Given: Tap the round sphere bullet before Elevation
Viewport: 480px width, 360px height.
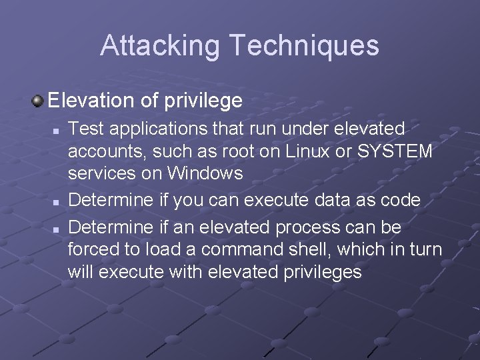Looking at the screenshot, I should point(39,101).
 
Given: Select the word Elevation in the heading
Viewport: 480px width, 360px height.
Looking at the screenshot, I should point(93,101).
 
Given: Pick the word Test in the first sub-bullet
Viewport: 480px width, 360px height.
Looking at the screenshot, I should point(85,128).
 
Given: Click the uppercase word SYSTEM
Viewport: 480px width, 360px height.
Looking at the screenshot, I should point(395,151).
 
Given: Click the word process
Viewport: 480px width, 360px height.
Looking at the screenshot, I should point(307,227).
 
